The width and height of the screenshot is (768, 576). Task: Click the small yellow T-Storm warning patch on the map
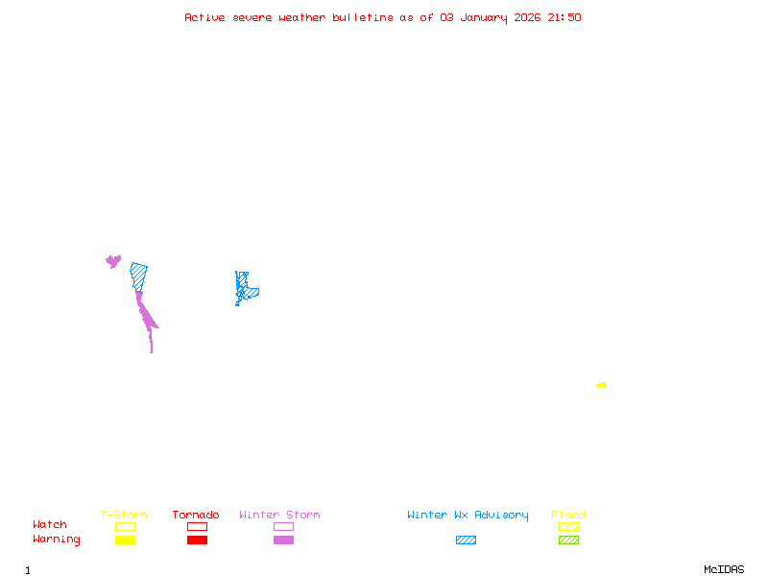pyautogui.click(x=601, y=385)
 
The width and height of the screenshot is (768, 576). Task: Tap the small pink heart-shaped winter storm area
pyautogui.click(x=113, y=260)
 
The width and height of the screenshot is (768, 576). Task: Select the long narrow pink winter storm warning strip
pyautogui.click(x=146, y=316)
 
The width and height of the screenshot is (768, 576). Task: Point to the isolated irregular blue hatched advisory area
pyautogui.click(x=246, y=288)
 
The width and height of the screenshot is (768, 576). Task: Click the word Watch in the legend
pyautogui.click(x=50, y=525)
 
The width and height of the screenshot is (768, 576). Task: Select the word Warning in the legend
pyautogui.click(x=57, y=540)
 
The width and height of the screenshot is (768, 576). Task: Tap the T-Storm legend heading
pyautogui.click(x=124, y=516)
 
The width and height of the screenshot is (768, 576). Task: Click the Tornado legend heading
pyautogui.click(x=196, y=516)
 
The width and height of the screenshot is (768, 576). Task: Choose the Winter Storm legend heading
pyautogui.click(x=279, y=516)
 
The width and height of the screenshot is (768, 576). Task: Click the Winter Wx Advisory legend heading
pyautogui.click(x=468, y=516)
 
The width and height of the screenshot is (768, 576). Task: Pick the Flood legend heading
pyautogui.click(x=568, y=516)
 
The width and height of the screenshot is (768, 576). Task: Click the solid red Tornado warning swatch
pyautogui.click(x=197, y=540)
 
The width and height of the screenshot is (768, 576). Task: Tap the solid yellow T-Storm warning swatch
pyautogui.click(x=125, y=540)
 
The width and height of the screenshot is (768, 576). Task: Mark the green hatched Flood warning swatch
pyautogui.click(x=568, y=540)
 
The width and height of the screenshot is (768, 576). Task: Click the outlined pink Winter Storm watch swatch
pyautogui.click(x=283, y=526)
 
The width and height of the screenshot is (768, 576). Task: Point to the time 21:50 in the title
pyautogui.click(x=564, y=17)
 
